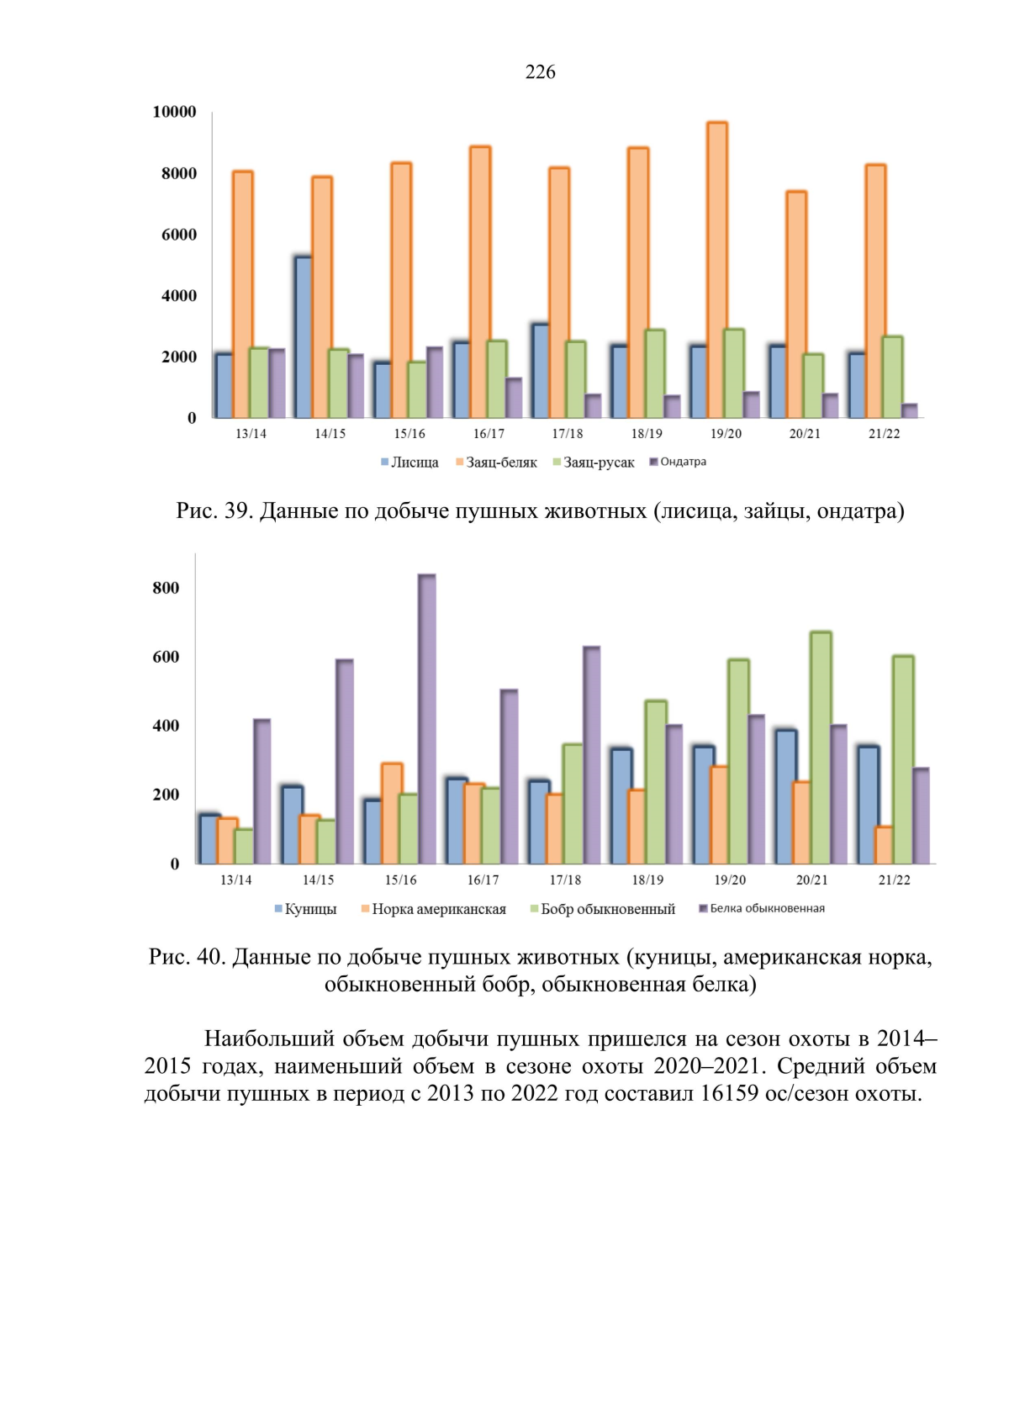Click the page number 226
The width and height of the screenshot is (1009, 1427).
tap(540, 72)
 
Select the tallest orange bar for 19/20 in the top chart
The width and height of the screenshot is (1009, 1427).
tap(717, 270)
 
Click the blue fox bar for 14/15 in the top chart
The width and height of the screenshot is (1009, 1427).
tap(304, 337)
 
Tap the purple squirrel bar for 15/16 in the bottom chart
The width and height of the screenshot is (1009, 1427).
tap(427, 719)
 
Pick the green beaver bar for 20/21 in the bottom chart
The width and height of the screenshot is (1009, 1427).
tap(821, 748)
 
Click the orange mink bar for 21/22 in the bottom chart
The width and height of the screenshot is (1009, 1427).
tap(884, 845)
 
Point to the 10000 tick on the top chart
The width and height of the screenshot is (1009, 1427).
tap(174, 112)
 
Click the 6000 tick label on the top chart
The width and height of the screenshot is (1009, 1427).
tap(179, 235)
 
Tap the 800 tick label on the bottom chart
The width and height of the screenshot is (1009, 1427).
tap(166, 588)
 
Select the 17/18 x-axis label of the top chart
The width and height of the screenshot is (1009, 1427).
tap(567, 434)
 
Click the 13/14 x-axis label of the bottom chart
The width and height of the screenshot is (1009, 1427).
tap(235, 880)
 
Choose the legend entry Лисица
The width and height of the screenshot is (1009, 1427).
tap(409, 462)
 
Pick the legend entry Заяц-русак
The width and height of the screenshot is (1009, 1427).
tap(594, 462)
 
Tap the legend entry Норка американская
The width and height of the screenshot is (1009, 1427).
tap(434, 909)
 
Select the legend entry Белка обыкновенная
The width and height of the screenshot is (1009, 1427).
tap(762, 908)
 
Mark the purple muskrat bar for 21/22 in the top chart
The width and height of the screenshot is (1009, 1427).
tap(910, 411)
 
